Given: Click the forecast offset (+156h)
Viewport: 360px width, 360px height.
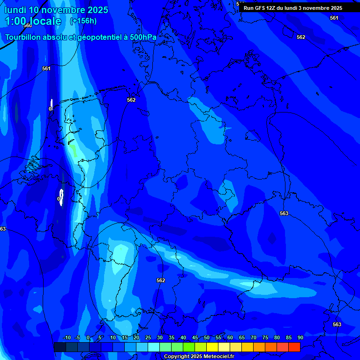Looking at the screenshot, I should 83,21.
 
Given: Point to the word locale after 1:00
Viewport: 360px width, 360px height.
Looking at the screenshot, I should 44,21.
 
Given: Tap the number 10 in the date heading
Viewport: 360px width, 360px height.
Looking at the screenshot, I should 34,10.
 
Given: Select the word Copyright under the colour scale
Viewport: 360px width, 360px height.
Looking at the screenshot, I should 177,357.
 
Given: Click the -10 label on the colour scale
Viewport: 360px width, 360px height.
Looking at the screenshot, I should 67,338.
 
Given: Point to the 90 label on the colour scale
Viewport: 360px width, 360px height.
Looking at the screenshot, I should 300,338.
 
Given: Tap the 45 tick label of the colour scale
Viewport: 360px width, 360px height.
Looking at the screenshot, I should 195,338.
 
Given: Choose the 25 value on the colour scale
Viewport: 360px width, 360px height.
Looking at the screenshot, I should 148,338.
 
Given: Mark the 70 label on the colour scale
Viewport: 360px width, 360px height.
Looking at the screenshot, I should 253,338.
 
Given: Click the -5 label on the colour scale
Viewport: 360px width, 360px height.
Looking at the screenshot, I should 78,338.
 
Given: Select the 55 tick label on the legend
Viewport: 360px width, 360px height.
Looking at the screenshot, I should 218,338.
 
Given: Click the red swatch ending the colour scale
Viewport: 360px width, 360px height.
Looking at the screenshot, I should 294,347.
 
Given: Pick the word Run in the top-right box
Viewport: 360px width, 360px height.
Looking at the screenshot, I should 249,8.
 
